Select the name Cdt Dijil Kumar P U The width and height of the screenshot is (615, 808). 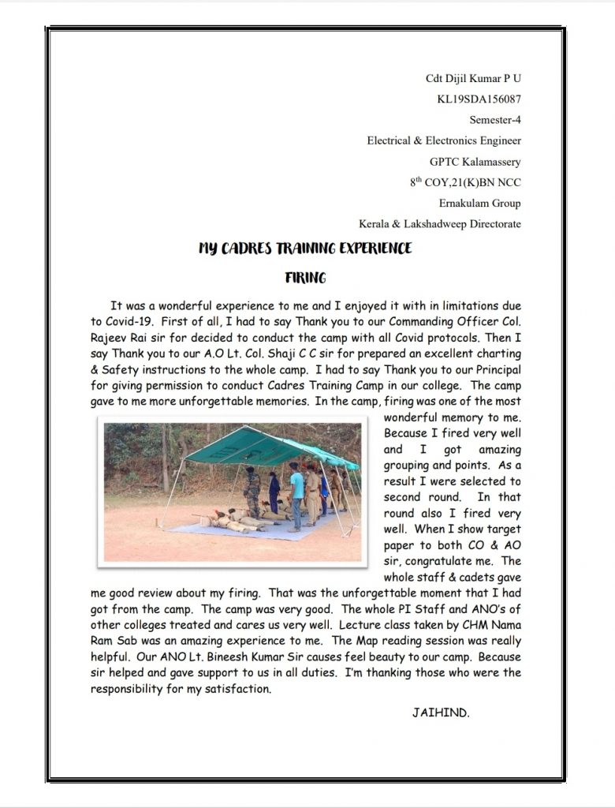pyautogui.click(x=473, y=79)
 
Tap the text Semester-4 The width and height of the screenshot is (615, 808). pyautogui.click(x=495, y=120)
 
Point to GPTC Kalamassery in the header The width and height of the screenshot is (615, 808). pyautogui.click(x=475, y=162)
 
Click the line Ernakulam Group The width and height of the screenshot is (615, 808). pyautogui.click(x=479, y=203)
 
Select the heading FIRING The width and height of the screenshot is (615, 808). pyautogui.click(x=305, y=278)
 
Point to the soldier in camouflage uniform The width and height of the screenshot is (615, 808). pyautogui.click(x=252, y=491)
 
